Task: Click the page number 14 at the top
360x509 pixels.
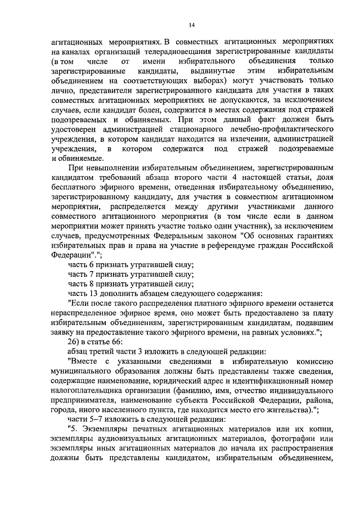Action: coord(192,25)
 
